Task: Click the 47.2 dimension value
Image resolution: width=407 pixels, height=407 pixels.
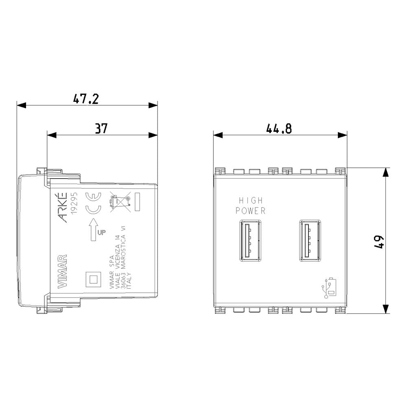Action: point(85,98)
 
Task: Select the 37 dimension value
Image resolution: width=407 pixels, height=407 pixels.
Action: point(101,129)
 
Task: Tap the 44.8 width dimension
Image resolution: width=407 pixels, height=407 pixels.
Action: point(279,129)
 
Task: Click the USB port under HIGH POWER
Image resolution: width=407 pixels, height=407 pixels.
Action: point(246,240)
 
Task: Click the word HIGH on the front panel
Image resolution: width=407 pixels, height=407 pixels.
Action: point(251,201)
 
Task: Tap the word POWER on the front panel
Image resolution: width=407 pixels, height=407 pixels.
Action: point(251,211)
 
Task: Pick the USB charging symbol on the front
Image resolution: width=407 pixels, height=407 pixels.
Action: point(329,288)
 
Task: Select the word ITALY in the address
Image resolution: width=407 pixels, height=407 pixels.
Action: point(130,281)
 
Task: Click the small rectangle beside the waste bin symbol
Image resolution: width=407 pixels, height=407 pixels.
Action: point(137,202)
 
